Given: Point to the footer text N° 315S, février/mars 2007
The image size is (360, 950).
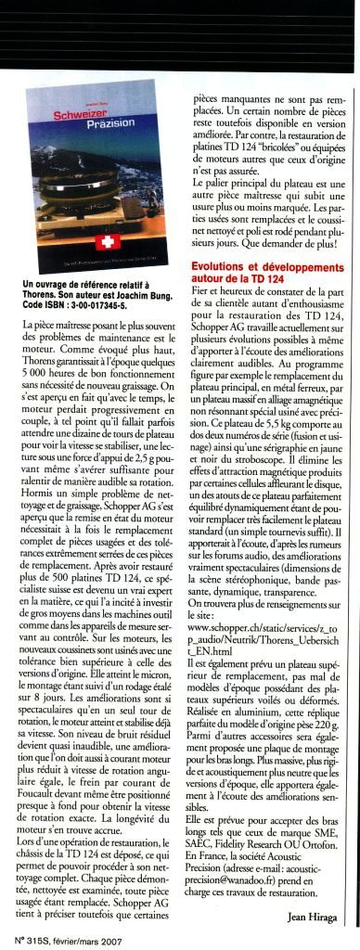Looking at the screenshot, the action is pyautogui.click(x=65, y=938).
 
